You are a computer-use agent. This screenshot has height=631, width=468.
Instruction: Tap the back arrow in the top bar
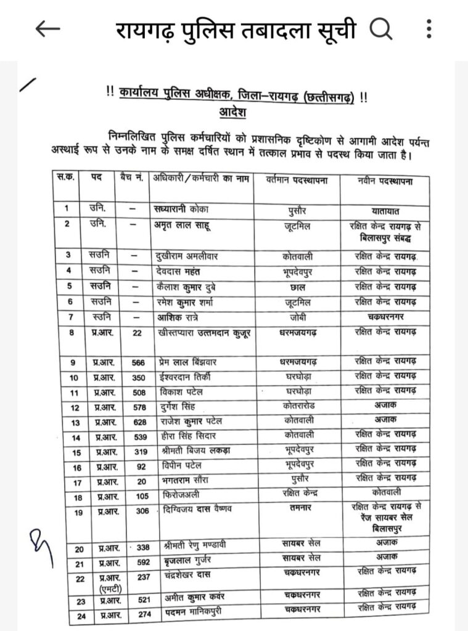click(x=47, y=29)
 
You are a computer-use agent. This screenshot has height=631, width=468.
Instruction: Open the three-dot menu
click(x=429, y=28)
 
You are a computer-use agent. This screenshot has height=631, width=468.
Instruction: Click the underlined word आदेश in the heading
click(x=232, y=113)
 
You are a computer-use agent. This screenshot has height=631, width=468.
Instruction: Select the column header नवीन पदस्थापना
click(x=385, y=181)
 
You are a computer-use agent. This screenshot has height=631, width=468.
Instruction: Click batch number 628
click(x=138, y=422)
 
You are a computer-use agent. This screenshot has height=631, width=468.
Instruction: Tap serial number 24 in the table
click(x=80, y=616)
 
